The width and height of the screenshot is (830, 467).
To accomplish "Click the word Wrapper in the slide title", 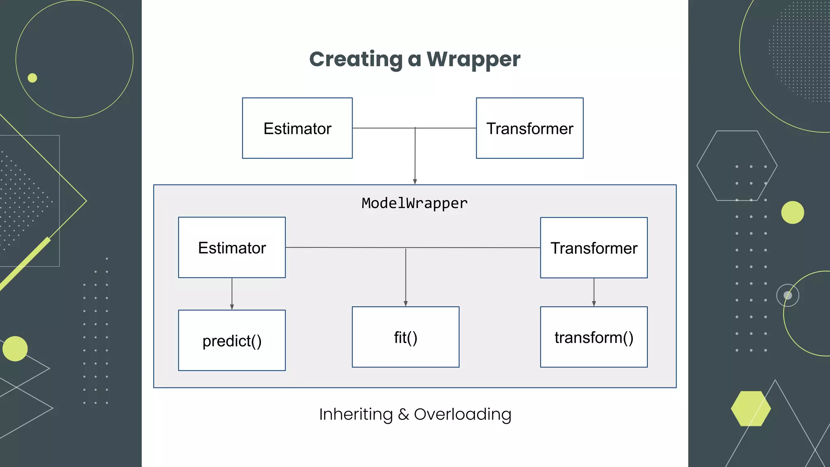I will click(473, 59).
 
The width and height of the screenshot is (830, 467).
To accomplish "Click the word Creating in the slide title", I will click(355, 59).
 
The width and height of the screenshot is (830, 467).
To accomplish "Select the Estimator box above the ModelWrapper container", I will click(297, 128).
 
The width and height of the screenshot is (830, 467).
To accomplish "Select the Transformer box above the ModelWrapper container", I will click(529, 128).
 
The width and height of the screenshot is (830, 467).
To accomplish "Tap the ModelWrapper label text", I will click(414, 203).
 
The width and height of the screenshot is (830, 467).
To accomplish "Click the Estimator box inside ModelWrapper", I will click(232, 247).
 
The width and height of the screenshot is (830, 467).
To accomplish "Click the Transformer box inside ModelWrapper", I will click(593, 248).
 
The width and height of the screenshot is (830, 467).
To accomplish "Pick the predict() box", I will click(232, 341).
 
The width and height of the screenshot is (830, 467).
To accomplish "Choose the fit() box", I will click(405, 337).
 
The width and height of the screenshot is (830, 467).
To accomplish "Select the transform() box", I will click(593, 337).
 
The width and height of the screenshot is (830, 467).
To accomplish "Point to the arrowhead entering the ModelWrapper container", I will click(415, 182).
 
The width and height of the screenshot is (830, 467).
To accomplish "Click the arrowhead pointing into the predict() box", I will click(232, 307).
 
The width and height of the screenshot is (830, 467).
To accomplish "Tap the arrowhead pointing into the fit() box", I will click(405, 304).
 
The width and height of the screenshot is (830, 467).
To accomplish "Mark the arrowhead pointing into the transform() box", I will click(594, 304).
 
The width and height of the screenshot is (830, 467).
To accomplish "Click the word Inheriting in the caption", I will click(355, 414).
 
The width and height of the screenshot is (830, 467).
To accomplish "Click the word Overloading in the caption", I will click(462, 414).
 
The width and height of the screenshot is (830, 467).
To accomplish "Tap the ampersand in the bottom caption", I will click(403, 414).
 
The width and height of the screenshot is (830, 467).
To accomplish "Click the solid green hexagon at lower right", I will click(751, 409).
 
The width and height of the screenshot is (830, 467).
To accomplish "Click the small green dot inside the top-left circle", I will click(32, 78).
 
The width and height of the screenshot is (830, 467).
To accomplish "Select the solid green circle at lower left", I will click(15, 349).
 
